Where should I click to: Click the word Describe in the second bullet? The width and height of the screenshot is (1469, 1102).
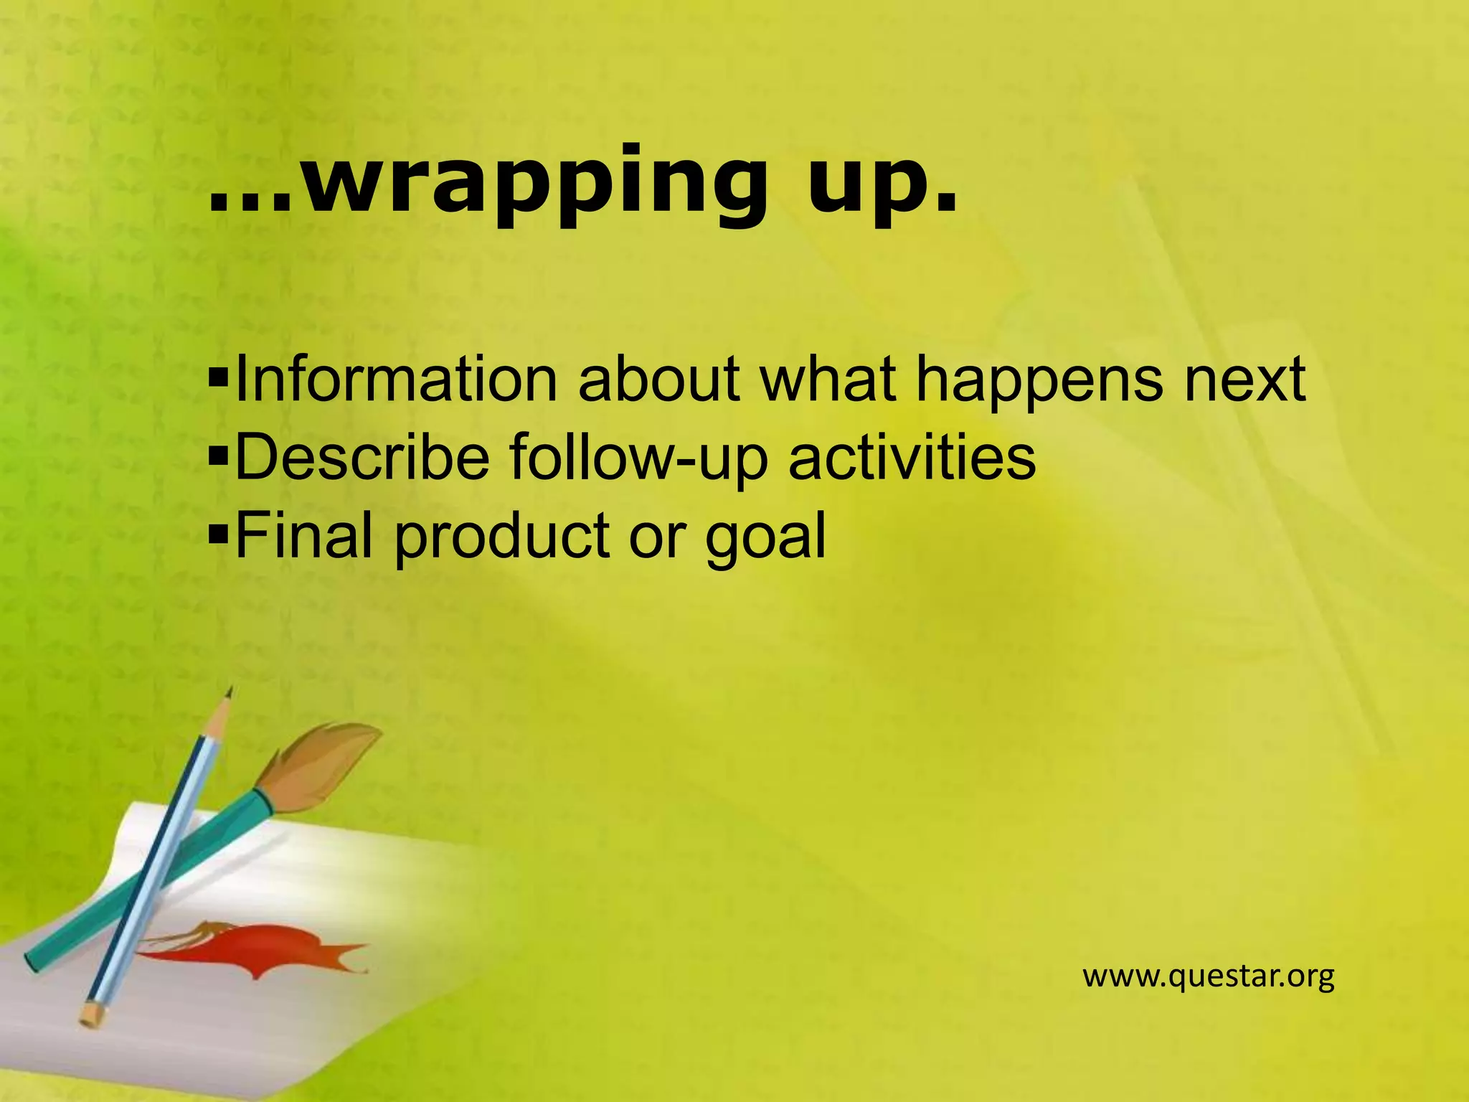[362, 457]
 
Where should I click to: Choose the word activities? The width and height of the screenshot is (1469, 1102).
[912, 457]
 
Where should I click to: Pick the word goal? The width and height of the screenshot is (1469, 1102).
[765, 537]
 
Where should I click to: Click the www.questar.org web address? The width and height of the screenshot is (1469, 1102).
[1208, 976]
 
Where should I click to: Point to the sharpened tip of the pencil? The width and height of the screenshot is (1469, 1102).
[229, 694]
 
